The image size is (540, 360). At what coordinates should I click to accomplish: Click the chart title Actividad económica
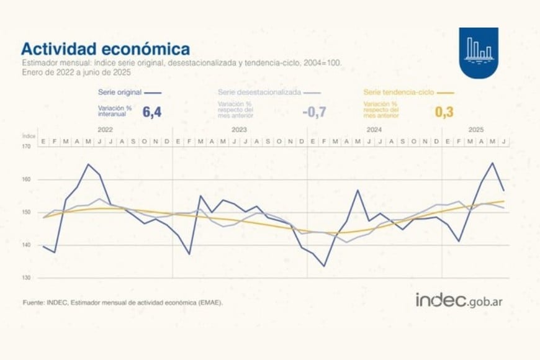[x=106, y=49]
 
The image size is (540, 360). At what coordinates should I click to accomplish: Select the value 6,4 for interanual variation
[x=152, y=112]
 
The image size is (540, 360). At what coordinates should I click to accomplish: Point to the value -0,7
[x=314, y=112]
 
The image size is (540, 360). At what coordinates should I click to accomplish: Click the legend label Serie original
[x=120, y=92]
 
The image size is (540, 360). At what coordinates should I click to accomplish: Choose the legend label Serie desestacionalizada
[x=259, y=92]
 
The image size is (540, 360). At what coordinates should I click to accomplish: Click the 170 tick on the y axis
[x=27, y=146]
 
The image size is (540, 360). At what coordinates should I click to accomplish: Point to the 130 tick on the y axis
[x=27, y=277]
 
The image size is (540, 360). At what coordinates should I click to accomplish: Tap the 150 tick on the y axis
[x=27, y=212]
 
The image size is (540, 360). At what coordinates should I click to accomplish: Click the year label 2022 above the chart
[x=105, y=130]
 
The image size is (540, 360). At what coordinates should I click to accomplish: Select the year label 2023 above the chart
[x=240, y=130]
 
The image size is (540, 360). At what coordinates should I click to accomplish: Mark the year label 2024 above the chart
[x=374, y=130]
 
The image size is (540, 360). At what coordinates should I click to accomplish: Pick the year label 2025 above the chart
[x=475, y=130]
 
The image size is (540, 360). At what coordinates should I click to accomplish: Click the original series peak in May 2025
[x=492, y=163]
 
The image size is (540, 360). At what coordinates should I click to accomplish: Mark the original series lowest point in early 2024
[x=324, y=266]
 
